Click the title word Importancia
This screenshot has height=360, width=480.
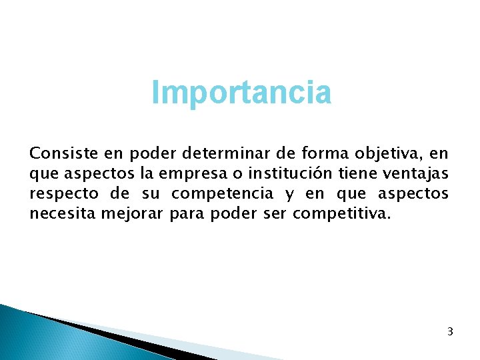(x=241, y=93)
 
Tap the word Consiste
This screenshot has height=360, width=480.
(x=55, y=154)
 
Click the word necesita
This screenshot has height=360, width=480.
(x=61, y=213)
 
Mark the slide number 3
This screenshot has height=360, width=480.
(x=450, y=331)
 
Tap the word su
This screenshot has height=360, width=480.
(x=151, y=194)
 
